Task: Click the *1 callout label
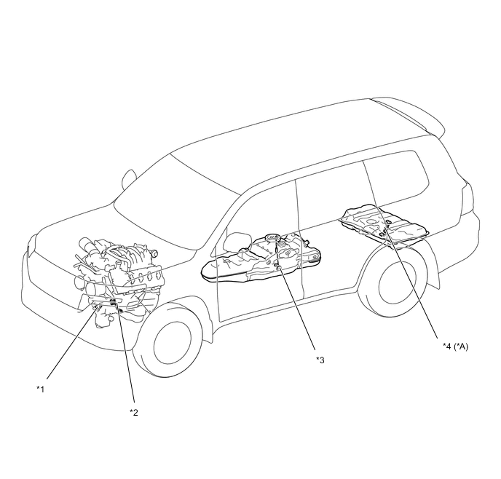coord(41,389)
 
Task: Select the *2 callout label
coord(133,412)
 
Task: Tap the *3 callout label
coord(320,360)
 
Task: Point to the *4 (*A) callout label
coord(455,347)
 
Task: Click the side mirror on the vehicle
coord(130,178)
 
